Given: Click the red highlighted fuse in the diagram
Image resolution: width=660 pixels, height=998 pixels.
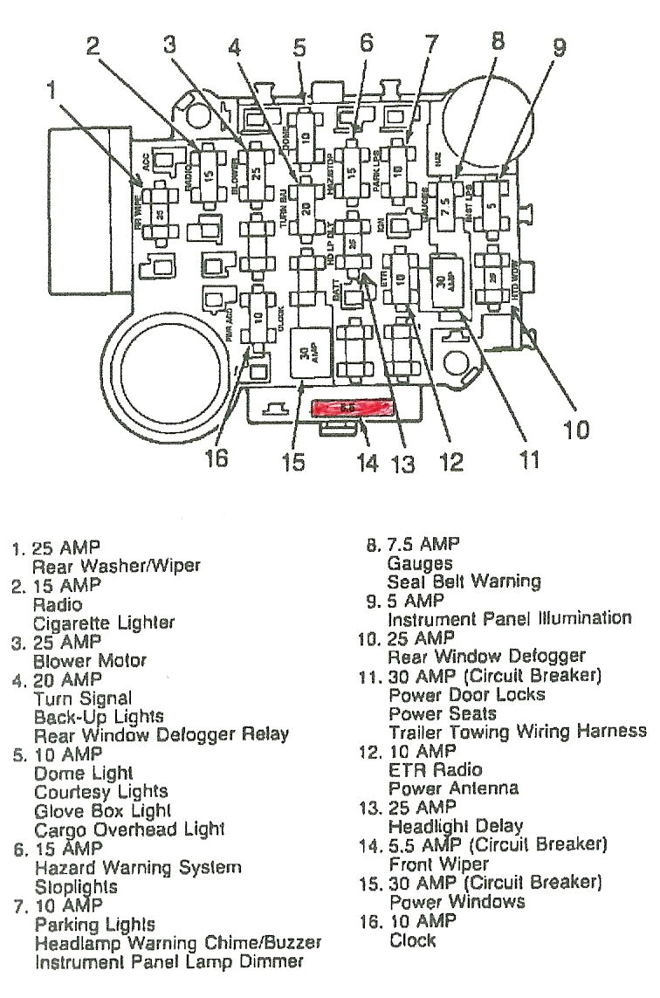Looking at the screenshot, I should (352, 407).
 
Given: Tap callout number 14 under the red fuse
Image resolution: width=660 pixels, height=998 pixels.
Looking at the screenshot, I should (368, 462).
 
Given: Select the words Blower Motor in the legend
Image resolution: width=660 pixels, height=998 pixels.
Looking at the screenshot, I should (90, 661).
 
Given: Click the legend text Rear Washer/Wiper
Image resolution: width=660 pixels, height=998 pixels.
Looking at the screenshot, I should (116, 566).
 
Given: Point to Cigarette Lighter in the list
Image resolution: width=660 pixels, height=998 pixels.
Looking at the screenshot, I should (104, 623).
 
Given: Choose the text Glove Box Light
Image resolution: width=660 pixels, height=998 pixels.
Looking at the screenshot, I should (102, 810).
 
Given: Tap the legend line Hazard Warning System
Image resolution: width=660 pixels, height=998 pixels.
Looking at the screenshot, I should (137, 867).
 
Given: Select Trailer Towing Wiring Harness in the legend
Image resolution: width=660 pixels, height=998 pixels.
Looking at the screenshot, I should (518, 731).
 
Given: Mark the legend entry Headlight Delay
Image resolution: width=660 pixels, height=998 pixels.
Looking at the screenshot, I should (456, 825).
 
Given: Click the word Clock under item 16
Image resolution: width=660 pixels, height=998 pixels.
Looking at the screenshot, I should (412, 939).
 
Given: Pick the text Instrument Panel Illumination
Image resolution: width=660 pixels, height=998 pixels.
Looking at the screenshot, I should (509, 618).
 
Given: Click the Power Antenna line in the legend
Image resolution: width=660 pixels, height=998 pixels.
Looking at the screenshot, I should (453, 788).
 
